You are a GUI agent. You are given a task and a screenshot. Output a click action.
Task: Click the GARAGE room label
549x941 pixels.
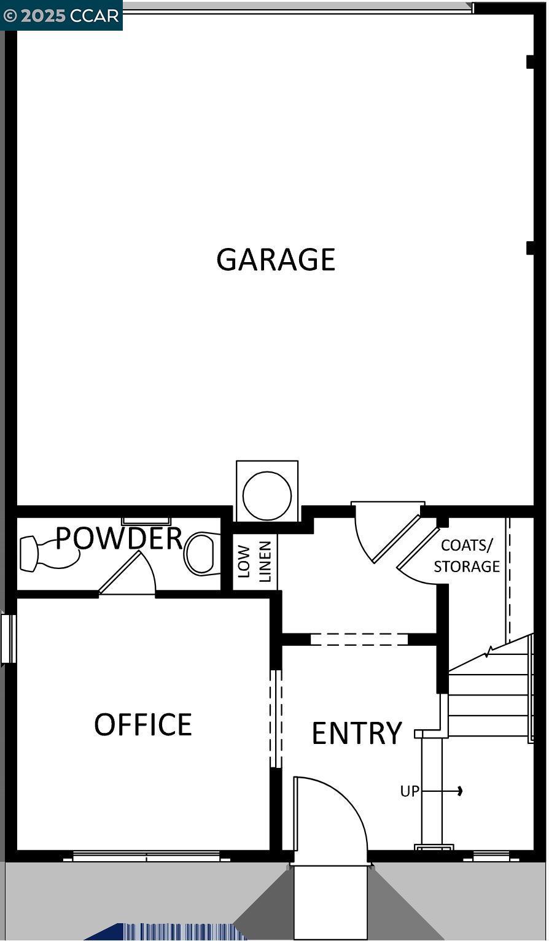coord(276,260)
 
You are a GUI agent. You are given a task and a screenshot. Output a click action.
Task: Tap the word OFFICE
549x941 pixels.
coord(143,724)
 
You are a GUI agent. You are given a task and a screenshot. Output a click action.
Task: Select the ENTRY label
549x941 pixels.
coord(357,733)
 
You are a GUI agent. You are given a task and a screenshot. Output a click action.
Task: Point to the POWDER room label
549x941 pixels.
coord(119,538)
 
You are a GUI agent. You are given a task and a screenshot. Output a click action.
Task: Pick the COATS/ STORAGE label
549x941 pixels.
coord(467,556)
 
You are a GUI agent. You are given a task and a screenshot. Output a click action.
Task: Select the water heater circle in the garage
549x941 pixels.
coord(267,495)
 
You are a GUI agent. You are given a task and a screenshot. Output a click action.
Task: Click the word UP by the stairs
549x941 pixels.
coord(410,792)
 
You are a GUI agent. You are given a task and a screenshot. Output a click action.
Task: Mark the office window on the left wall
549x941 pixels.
coord(8,638)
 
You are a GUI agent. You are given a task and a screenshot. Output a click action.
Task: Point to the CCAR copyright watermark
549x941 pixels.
coord(61,15)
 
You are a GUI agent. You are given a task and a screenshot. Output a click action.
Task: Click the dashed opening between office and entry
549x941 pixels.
coord(276,718)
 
